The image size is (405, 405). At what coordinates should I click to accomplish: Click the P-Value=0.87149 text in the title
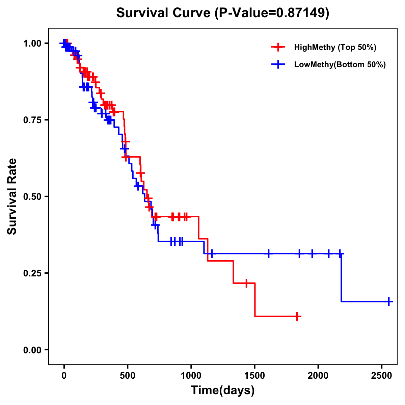272,13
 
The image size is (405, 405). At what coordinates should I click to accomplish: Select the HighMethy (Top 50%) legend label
335,47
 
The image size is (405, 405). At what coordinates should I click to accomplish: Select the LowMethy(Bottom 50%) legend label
340,64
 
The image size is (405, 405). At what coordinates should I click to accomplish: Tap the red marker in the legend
278,47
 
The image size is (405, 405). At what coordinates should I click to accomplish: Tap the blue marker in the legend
278,64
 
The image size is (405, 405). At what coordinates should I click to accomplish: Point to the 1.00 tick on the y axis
33,43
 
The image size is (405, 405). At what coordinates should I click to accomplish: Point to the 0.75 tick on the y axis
33,120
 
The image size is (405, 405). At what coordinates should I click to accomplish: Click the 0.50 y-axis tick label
33,196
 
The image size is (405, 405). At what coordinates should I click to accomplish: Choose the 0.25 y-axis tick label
33,273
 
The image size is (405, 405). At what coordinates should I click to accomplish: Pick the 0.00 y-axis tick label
33,350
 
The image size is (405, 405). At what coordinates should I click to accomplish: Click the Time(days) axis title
223,390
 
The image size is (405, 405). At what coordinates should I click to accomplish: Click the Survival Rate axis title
12,196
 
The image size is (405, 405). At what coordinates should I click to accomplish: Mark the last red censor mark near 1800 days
297,317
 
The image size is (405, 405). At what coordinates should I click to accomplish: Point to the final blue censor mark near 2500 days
388,301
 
